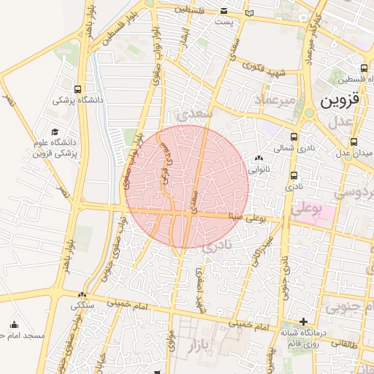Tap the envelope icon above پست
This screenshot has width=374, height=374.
(x=224, y=12)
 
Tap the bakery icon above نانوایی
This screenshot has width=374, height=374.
(x=259, y=158)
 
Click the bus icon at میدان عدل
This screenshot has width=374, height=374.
(x=354, y=142)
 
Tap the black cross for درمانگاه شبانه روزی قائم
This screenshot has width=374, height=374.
(x=303, y=321)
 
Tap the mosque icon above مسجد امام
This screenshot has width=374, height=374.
(x=15, y=324)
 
